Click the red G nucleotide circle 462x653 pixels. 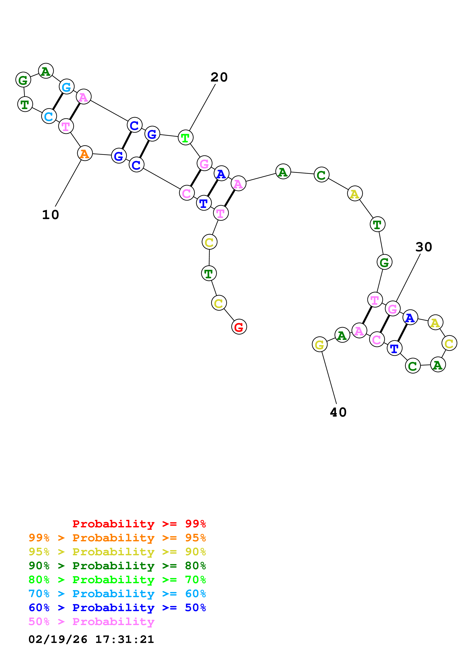click(239, 327)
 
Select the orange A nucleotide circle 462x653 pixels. click(85, 153)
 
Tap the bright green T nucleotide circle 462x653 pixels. click(185, 138)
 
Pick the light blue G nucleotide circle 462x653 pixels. click(67, 87)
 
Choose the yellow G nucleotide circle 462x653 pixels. click(319, 345)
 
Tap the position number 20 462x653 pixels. click(219, 77)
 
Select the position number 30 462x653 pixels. click(424, 247)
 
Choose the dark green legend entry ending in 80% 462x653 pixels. click(117, 566)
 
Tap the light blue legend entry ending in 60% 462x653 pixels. click(117, 594)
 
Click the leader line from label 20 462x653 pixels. click(202, 108)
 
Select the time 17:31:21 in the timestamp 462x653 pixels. click(125, 640)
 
